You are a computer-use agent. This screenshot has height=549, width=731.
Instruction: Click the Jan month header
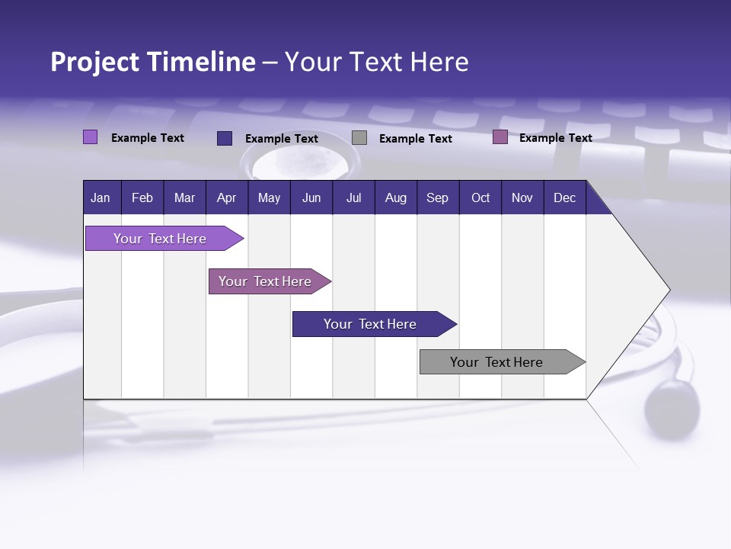101,197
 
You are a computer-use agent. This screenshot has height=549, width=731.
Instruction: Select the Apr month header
226,197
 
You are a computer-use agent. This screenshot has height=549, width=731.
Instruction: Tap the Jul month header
353,197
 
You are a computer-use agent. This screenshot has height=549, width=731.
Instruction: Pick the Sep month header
437,197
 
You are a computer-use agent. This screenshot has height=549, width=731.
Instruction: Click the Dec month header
564,197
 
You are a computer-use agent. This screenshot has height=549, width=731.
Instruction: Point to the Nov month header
522,197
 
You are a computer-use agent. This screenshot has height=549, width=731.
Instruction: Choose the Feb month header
142,197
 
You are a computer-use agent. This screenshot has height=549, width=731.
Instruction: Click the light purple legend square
90,137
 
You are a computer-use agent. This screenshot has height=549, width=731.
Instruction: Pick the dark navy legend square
225,138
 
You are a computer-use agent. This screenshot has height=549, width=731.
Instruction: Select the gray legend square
359,138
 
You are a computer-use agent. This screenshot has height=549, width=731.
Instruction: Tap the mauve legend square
500,137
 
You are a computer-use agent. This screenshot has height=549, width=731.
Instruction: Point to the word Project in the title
95,62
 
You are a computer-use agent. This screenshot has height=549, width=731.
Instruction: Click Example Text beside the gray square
415,139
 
